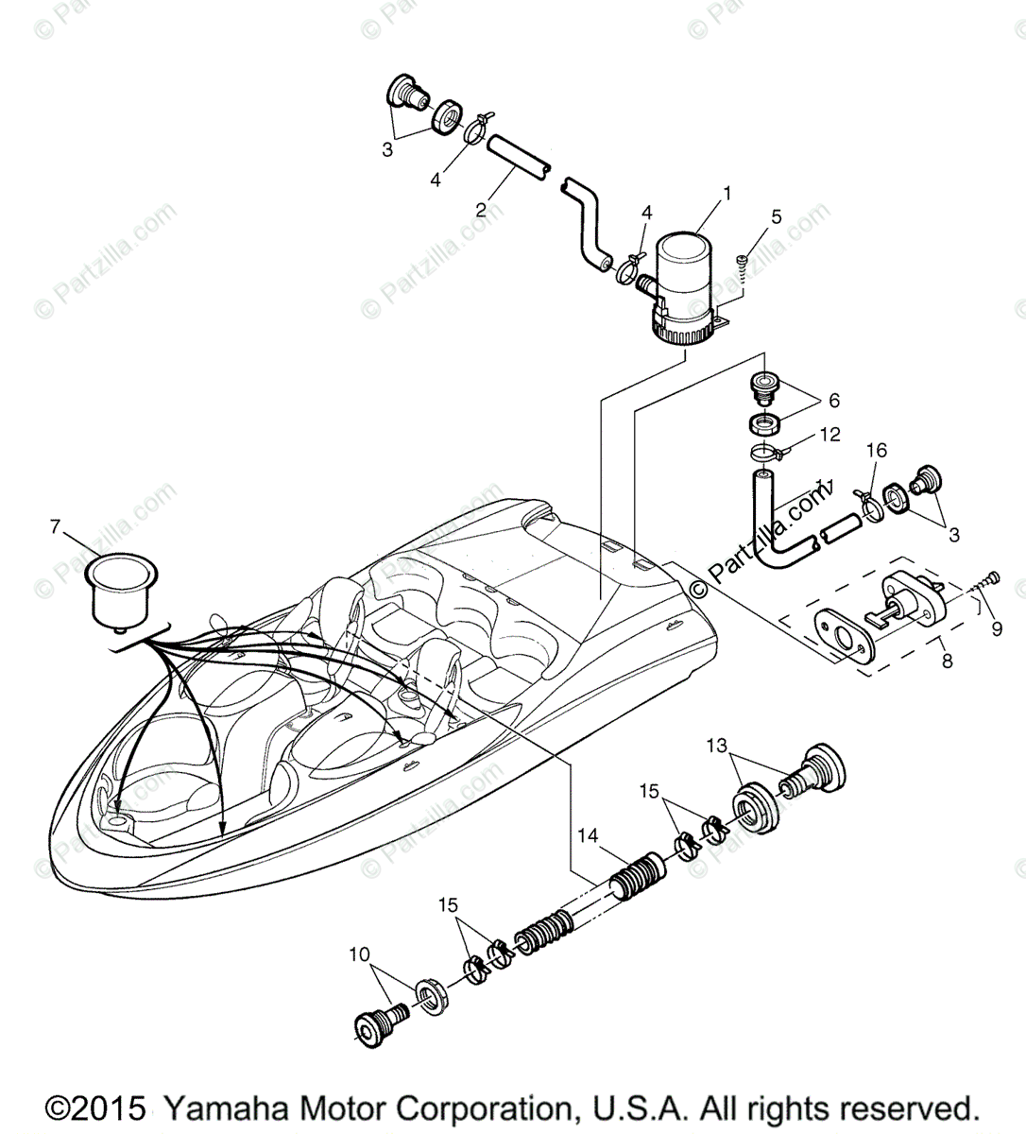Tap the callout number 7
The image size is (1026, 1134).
point(56,525)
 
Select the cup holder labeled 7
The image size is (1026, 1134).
point(122,591)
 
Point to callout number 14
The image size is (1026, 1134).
point(588,834)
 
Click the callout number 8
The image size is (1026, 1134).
point(947,661)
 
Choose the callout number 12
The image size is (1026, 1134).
point(829,435)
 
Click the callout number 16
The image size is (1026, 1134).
point(877,451)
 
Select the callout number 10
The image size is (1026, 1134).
point(360,955)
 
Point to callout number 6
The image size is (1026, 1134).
point(833,401)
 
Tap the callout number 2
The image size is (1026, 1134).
point(481,210)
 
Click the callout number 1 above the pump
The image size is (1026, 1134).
point(727,194)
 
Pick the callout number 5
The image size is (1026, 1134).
point(777,216)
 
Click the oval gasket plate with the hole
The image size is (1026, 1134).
point(844,631)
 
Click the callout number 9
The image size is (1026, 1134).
point(996,627)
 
